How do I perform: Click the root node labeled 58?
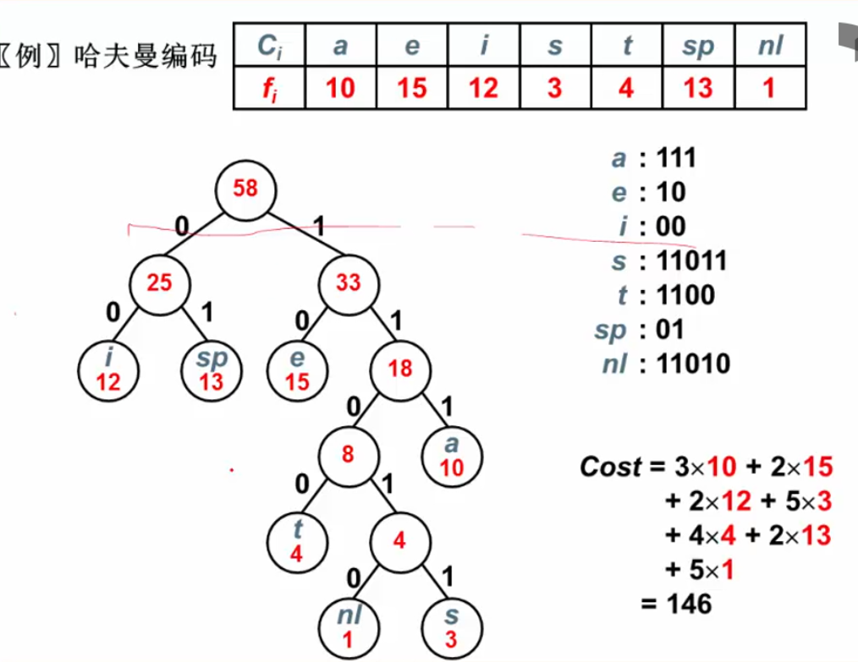[x=245, y=188]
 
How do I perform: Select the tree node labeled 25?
[x=160, y=283]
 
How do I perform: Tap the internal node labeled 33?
[x=349, y=283]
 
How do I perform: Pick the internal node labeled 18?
[x=399, y=369]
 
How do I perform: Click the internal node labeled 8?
[x=348, y=454]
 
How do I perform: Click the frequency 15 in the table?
[x=412, y=88]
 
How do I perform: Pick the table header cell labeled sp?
[x=698, y=46]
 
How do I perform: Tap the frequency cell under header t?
[x=626, y=88]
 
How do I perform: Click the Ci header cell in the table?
[x=269, y=46]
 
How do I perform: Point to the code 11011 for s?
[x=691, y=260]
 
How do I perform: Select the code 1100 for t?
[x=685, y=295]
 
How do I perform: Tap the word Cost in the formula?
[x=610, y=468]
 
